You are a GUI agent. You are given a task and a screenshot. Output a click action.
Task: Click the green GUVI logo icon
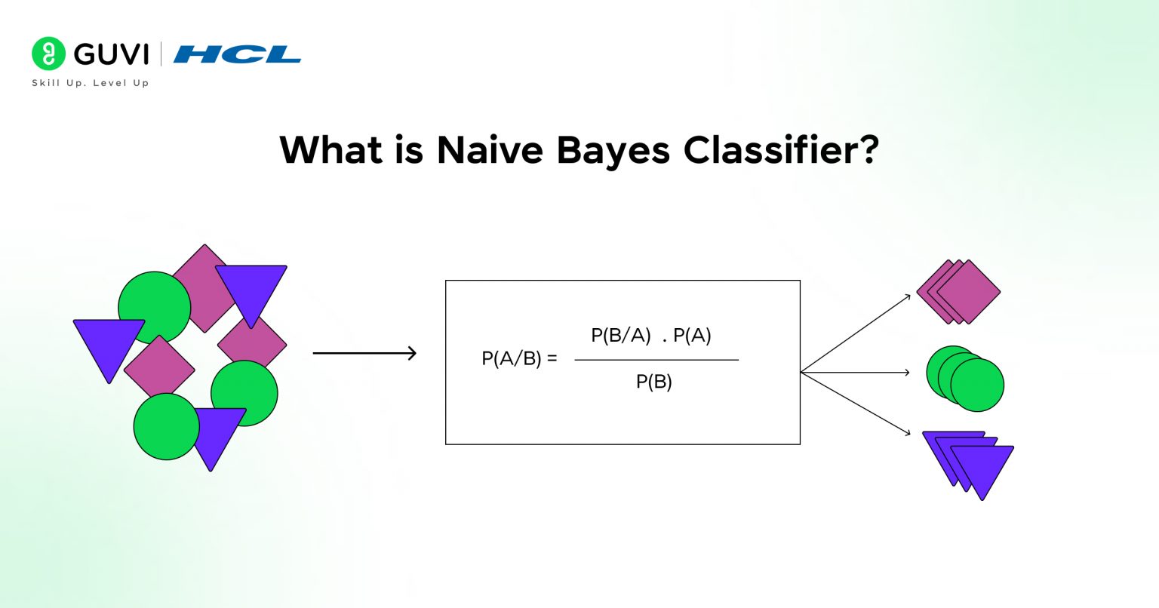pyautogui.click(x=49, y=54)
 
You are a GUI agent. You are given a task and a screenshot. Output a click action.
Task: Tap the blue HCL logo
pyautogui.click(x=237, y=54)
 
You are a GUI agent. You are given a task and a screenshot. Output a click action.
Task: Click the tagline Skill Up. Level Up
pyautogui.click(x=91, y=83)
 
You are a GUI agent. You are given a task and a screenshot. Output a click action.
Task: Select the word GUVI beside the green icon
pyautogui.click(x=112, y=54)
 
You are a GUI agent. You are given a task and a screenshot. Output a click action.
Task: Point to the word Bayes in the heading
pyautogui.click(x=613, y=151)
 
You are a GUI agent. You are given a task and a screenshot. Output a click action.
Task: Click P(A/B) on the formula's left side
pyautogui.click(x=511, y=358)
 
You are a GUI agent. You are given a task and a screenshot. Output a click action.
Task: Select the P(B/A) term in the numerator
pyautogui.click(x=620, y=336)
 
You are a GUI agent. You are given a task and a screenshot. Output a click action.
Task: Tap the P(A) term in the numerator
pyautogui.click(x=692, y=336)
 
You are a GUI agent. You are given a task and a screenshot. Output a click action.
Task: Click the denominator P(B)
pyautogui.click(x=653, y=382)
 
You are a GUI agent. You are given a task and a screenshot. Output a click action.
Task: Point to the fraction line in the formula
pyautogui.click(x=656, y=360)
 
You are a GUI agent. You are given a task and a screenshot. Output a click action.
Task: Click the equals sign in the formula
pyautogui.click(x=552, y=358)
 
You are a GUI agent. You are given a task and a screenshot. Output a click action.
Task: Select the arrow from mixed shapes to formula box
pyautogui.click(x=364, y=353)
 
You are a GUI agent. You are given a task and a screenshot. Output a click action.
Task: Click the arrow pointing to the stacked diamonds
pyautogui.click(x=856, y=333)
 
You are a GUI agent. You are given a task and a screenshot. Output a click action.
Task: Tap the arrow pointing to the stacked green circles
pyautogui.click(x=856, y=372)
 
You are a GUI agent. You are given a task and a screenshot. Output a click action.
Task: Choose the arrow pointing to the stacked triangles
pyautogui.click(x=856, y=404)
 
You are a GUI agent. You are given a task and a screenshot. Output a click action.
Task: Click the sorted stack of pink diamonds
pyautogui.click(x=959, y=292)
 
